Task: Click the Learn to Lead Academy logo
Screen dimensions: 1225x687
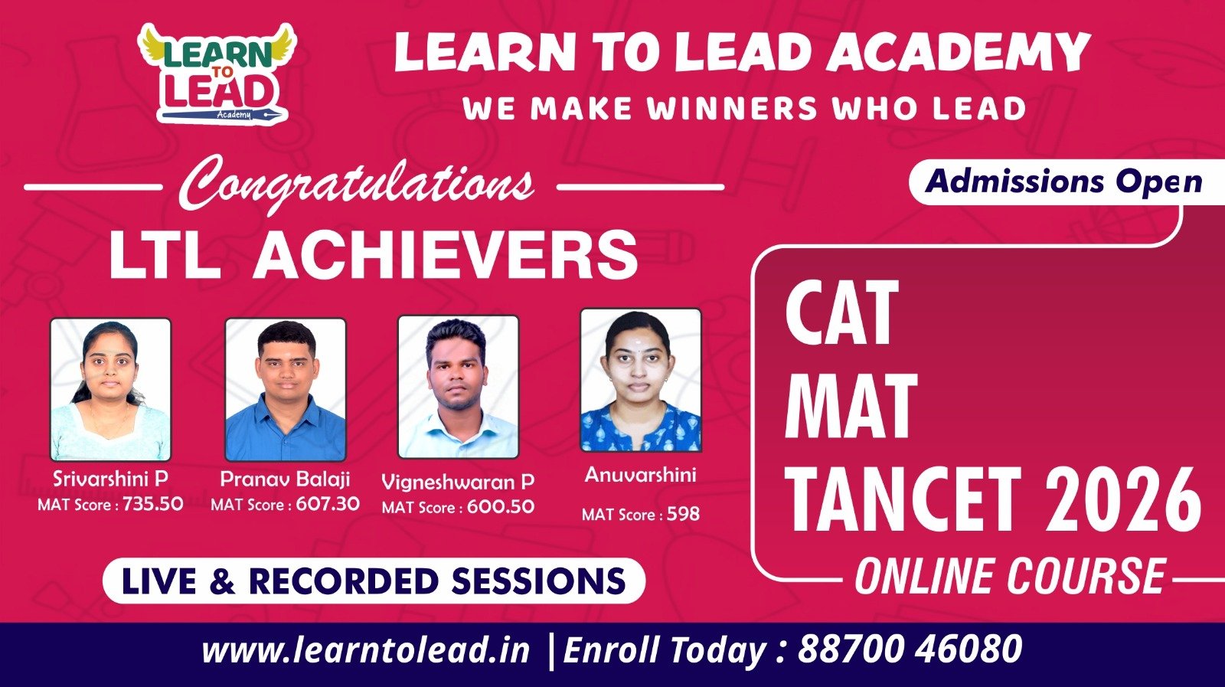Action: (x=216, y=73)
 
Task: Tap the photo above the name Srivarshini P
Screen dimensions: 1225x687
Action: (x=110, y=389)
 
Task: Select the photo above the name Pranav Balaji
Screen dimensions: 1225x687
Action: (x=286, y=389)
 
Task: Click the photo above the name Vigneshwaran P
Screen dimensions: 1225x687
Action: (x=459, y=387)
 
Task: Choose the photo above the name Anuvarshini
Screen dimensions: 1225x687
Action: (x=640, y=380)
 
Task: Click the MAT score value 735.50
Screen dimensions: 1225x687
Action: (x=152, y=504)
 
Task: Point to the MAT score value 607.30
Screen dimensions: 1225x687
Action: (x=328, y=504)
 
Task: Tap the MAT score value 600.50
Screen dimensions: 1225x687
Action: (x=501, y=506)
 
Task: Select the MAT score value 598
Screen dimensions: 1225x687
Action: (x=683, y=514)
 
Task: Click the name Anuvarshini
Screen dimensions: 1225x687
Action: (x=640, y=475)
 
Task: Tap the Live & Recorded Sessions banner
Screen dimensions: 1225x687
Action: (x=374, y=581)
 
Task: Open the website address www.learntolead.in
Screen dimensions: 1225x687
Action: (x=366, y=650)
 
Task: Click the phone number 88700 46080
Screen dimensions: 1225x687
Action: (x=910, y=649)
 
